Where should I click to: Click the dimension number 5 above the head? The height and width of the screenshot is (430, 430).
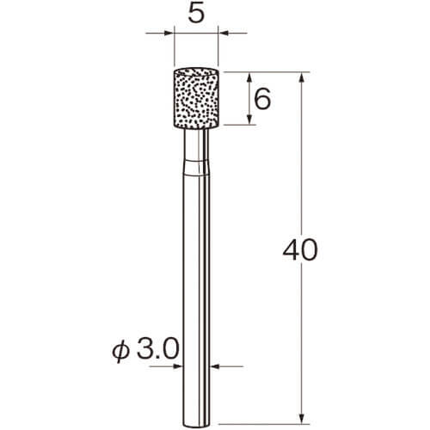(196, 14)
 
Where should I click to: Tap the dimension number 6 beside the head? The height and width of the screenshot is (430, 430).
(262, 98)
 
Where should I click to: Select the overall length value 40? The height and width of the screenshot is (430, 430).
(300, 250)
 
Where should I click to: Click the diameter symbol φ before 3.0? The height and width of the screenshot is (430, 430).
(120, 351)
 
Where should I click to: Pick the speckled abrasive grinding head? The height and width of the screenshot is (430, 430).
(196, 98)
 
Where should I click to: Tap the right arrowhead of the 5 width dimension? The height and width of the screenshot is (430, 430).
(224, 33)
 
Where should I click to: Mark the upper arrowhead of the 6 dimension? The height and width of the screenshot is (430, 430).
(249, 78)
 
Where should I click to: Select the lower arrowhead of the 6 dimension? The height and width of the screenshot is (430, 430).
(249, 119)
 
